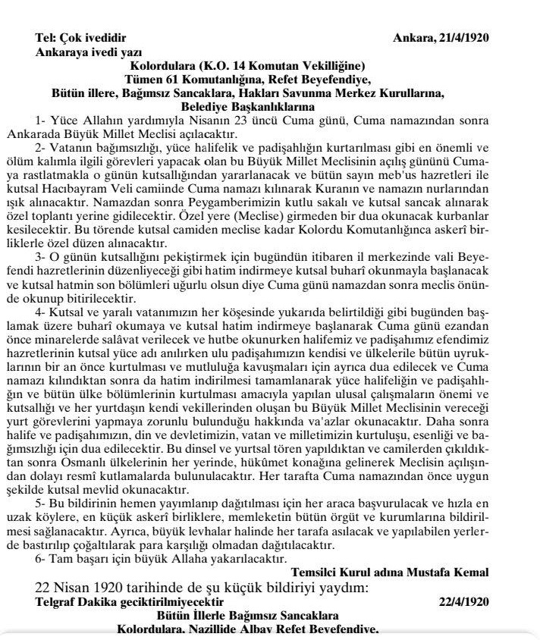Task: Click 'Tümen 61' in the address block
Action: (x=149, y=78)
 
